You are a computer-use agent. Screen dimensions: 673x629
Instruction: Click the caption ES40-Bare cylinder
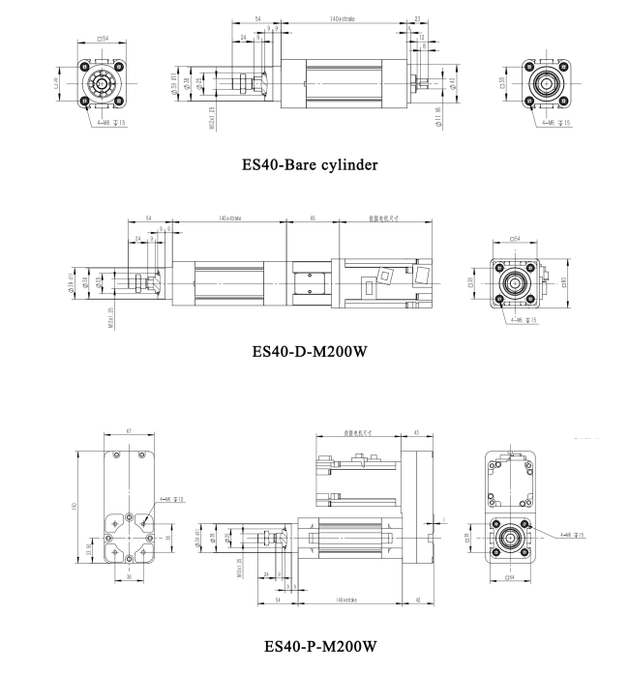(310, 164)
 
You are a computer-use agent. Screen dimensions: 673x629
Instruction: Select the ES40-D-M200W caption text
(310, 351)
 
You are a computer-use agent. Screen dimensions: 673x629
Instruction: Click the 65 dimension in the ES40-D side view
(312, 219)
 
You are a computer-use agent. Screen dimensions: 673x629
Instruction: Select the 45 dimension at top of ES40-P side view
(416, 434)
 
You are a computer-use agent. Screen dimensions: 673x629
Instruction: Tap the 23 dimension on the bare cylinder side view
(416, 18)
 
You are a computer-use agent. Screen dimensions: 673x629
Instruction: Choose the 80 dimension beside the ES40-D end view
(563, 283)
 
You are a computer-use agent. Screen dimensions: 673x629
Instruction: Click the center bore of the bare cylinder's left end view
(99, 84)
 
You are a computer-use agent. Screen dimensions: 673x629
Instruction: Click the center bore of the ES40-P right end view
(510, 538)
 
